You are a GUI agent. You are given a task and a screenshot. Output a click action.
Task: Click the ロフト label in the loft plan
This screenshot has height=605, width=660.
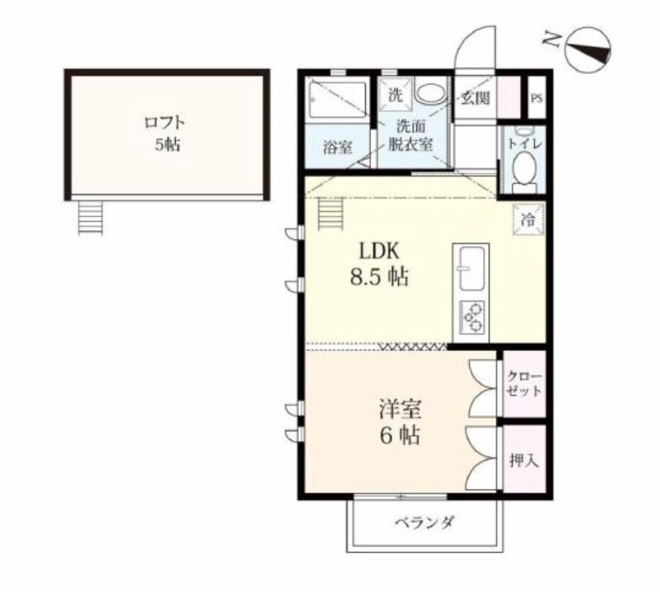164,123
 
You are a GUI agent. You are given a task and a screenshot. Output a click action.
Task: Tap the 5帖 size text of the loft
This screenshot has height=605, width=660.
168,145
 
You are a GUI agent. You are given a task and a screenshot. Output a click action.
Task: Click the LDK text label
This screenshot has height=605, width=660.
379,251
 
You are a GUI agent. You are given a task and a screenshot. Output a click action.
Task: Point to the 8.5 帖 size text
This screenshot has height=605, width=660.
379,278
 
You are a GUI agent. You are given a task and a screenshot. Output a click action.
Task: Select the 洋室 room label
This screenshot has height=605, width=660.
400,410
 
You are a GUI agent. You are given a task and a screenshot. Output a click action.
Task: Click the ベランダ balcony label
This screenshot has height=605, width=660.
425,523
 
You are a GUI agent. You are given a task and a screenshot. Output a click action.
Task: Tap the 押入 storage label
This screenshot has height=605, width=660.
524,461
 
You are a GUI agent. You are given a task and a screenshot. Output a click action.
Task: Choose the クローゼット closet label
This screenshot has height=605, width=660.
524,383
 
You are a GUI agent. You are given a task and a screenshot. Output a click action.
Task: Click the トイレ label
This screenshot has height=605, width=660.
524,144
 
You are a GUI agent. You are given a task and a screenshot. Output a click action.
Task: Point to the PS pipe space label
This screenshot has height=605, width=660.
536,99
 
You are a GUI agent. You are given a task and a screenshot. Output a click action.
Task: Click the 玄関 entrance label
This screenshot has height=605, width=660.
475,98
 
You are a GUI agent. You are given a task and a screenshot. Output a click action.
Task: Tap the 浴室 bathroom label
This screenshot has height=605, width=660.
338,148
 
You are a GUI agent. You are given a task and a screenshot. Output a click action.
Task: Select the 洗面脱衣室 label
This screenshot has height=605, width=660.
410,135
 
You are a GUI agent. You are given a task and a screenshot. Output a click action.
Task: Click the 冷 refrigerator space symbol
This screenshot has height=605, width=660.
528,219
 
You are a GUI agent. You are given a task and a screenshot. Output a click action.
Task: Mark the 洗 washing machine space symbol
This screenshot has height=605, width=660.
394,95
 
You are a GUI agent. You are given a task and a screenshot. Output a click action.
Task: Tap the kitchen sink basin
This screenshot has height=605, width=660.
472,269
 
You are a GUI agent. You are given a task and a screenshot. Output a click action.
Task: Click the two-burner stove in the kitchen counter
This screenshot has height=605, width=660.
472,318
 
